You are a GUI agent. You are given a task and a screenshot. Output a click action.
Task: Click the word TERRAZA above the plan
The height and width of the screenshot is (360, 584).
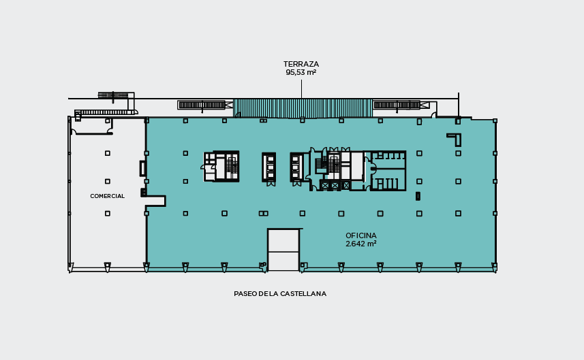point(301,64)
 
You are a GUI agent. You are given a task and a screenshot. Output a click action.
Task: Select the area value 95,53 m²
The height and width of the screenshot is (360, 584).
point(301,73)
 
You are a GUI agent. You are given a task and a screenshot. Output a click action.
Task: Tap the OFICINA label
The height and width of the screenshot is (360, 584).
point(361,235)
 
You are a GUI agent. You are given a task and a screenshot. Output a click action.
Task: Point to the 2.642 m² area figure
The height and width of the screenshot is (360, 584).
point(361,244)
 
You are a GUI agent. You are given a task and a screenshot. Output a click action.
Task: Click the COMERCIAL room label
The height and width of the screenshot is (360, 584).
point(107,196)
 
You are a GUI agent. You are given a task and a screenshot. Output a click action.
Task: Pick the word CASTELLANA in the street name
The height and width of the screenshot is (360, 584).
point(303,294)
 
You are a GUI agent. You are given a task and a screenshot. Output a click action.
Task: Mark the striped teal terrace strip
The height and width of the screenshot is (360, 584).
point(303,108)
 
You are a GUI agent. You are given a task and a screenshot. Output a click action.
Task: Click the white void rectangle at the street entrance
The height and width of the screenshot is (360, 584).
point(283,250)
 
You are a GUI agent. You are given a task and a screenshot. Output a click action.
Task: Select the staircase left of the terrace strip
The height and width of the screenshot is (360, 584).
point(202,105)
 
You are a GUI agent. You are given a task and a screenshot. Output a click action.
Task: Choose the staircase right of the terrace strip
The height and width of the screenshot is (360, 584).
point(397,105)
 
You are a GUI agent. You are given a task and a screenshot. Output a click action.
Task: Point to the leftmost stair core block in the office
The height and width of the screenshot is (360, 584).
point(221,166)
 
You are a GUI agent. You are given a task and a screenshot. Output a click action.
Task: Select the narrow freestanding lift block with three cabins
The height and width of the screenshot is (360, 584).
point(269,167)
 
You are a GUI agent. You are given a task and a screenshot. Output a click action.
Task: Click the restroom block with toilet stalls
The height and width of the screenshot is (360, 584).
point(387,171)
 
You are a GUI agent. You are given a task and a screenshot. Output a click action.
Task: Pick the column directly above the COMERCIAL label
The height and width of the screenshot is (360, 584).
point(107,182)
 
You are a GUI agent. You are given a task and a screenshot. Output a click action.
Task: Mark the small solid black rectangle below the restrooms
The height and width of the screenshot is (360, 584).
point(418,195)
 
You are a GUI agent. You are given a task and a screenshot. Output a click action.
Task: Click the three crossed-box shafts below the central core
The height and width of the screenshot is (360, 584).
point(335,185)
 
